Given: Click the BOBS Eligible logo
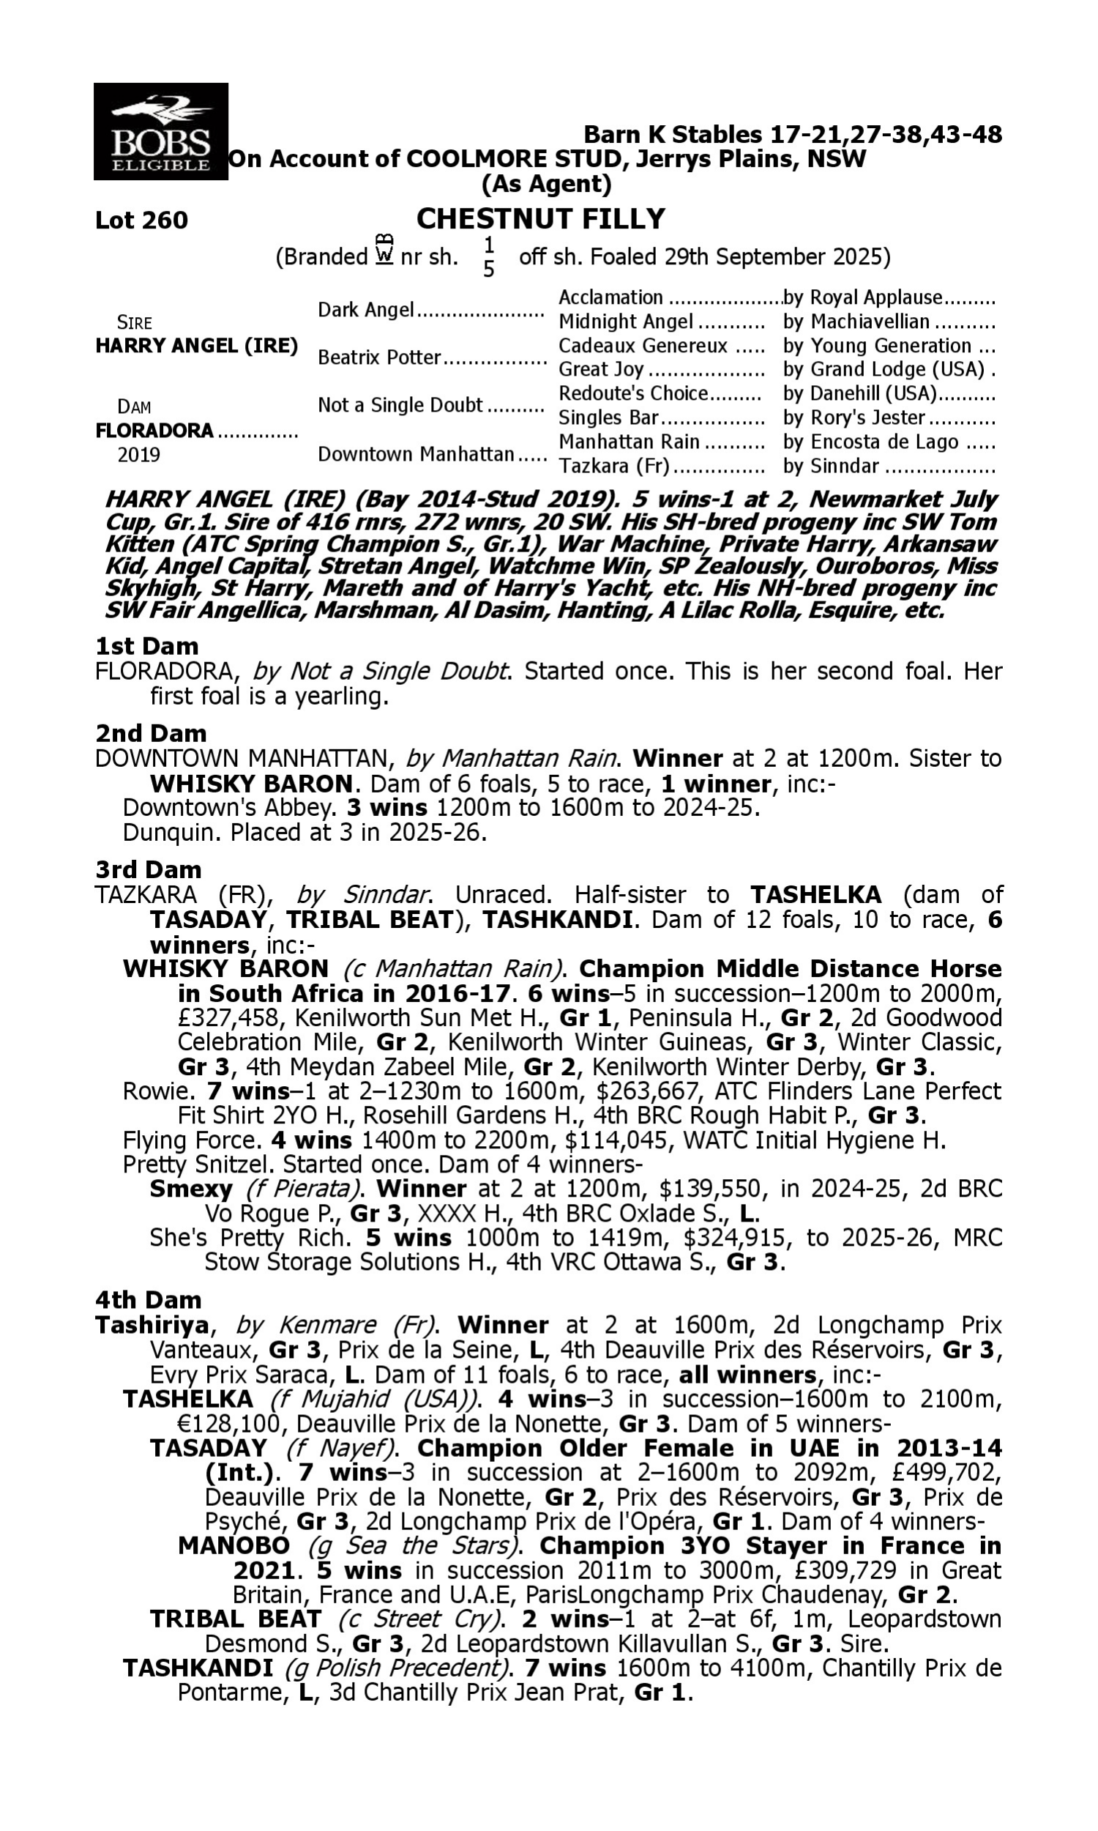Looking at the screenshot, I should click(160, 132).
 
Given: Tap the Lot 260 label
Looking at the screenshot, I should click(141, 220).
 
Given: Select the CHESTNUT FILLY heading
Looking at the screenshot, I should click(540, 219).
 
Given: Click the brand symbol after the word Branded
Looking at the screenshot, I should click(384, 250).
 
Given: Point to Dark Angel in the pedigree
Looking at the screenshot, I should click(365, 309).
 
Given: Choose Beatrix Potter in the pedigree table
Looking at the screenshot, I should click(379, 357).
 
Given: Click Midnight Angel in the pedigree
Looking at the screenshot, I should click(625, 322).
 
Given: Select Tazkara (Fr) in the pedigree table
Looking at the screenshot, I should click(613, 467).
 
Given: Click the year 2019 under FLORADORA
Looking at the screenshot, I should click(138, 454).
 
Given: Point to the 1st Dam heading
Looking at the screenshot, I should click(146, 646).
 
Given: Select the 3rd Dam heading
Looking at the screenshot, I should click(148, 869).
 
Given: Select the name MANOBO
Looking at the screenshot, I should click(234, 1546).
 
